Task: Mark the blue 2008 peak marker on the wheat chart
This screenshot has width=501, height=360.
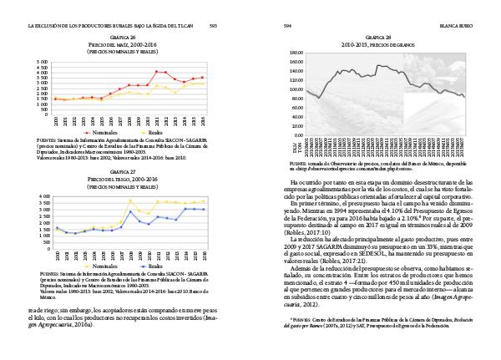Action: [130, 211]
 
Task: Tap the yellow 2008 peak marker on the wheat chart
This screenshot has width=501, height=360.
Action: [130, 200]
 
